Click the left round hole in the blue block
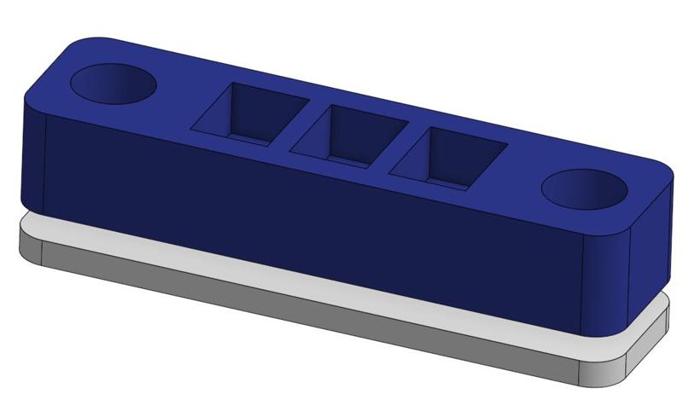(x=113, y=84)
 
